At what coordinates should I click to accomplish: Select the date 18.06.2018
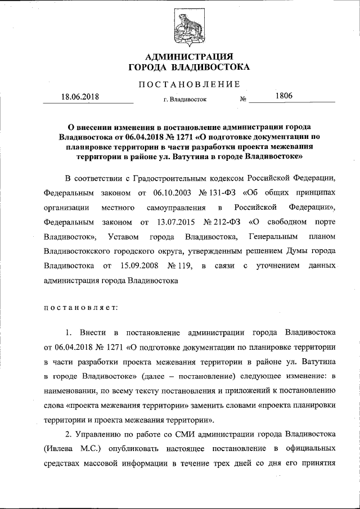click(80, 96)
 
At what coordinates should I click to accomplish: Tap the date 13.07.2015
click(169, 223)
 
